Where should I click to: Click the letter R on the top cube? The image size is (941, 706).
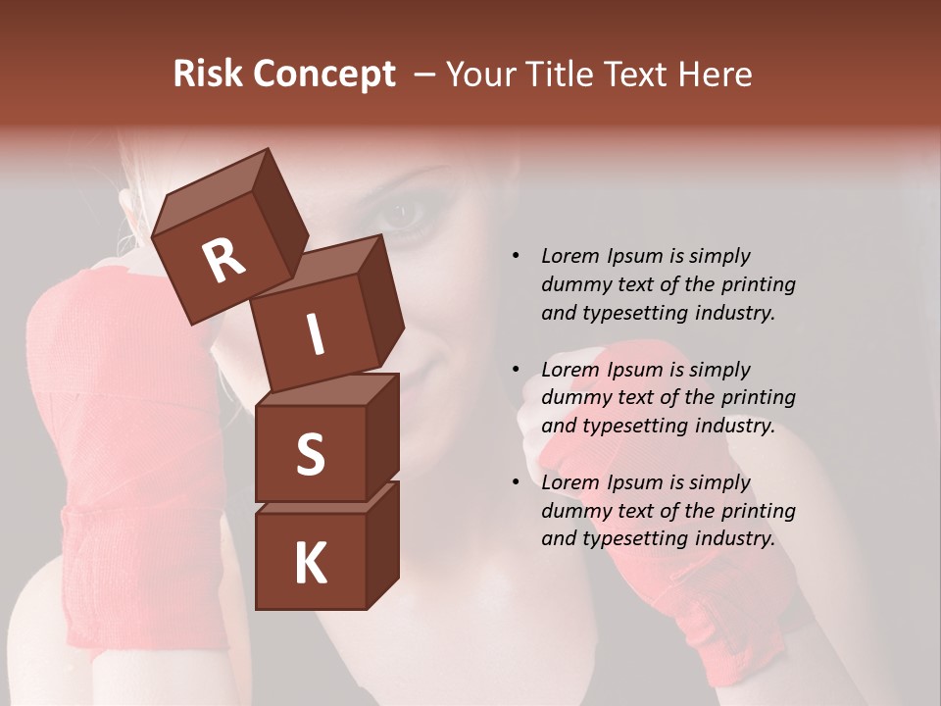tap(224, 260)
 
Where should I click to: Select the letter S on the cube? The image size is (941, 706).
tap(310, 454)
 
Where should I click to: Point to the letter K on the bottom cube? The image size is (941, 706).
tap(310, 564)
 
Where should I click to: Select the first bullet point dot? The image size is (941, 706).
tap(516, 256)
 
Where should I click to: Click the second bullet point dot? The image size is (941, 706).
tap(516, 370)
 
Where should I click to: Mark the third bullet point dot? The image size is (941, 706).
tap(516, 482)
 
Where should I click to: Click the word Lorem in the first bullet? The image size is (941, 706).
tap(570, 256)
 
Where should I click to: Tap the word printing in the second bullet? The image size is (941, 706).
tap(758, 398)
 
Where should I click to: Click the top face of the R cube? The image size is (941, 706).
tap(212, 195)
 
